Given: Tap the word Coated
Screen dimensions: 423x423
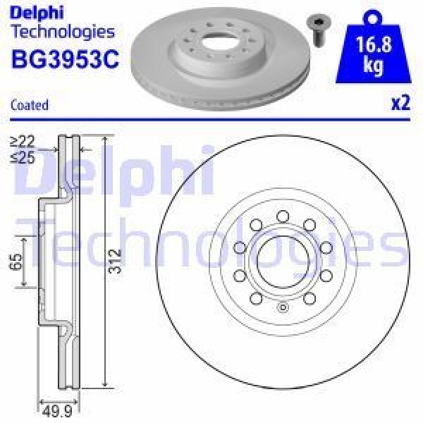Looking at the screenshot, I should pyautogui.click(x=30, y=105).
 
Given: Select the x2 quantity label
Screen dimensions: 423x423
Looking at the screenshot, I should pyautogui.click(x=400, y=103).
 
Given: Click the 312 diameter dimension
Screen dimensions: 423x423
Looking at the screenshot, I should pyautogui.click(x=116, y=261).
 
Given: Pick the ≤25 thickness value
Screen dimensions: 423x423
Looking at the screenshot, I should pyautogui.click(x=22, y=157).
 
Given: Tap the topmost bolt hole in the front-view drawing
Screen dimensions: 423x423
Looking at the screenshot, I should pyautogui.click(x=281, y=216).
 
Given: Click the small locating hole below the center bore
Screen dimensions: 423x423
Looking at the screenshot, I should pyautogui.click(x=281, y=307).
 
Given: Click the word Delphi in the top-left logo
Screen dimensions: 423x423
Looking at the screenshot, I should pyautogui.click(x=37, y=13).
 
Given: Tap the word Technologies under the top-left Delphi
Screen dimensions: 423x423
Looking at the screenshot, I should pyautogui.click(x=62, y=32).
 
